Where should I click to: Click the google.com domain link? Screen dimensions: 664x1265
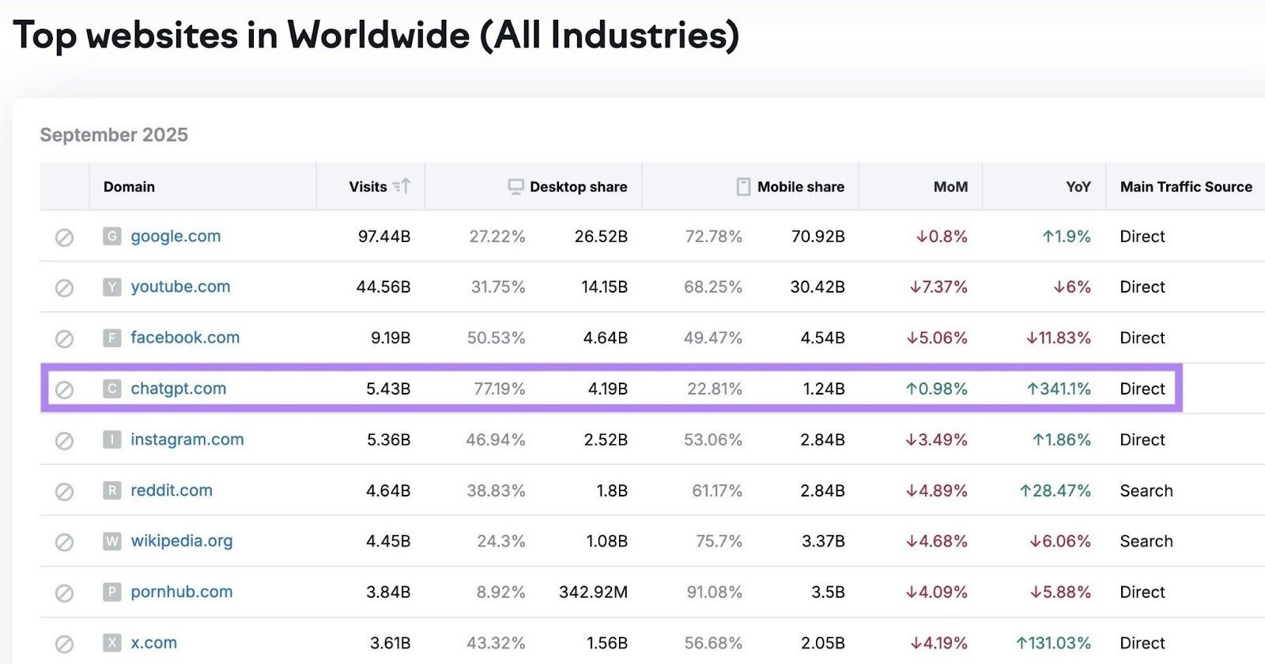coord(176,236)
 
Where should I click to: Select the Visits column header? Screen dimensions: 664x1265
coord(368,187)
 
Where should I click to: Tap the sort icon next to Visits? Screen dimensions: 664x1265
coord(402,187)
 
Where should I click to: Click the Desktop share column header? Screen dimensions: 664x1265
coord(578,187)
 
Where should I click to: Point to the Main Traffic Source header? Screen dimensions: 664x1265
coord(1186,187)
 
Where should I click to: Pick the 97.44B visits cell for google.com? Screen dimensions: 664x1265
coord(384,236)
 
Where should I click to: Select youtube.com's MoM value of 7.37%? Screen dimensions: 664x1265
coord(938,287)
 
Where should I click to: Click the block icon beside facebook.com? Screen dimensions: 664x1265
coord(64,338)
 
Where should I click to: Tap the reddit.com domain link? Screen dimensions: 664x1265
coord(172,490)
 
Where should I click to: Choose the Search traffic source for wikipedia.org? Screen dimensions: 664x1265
coord(1146,541)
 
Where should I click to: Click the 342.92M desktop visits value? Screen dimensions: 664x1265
coord(593,592)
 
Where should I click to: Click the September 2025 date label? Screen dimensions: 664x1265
coord(114,135)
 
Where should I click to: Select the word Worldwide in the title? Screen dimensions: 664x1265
coord(378,36)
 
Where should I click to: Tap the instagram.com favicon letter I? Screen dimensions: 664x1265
coord(112,440)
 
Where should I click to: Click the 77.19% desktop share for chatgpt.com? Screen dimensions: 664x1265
coord(499,389)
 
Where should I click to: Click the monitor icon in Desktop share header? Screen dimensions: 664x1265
coord(516,187)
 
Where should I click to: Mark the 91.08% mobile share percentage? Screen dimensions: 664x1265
coord(714,592)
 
